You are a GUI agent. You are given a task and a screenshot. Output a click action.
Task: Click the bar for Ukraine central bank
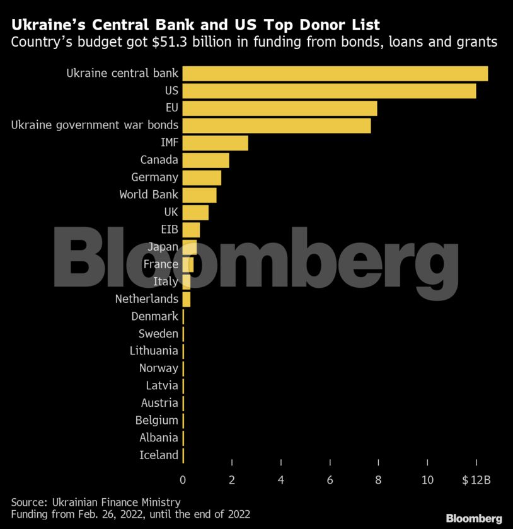pyautogui.click(x=335, y=74)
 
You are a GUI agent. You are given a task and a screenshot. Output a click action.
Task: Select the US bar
pyautogui.click(x=329, y=91)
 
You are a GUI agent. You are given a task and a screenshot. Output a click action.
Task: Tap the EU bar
pyautogui.click(x=280, y=108)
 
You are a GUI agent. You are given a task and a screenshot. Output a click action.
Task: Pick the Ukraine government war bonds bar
pyautogui.click(x=277, y=125)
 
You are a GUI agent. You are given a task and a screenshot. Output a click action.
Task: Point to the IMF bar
pyautogui.click(x=215, y=143)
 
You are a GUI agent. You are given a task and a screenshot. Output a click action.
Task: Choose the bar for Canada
pyautogui.click(x=205, y=160)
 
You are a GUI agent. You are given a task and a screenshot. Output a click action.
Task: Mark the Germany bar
pyautogui.click(x=202, y=178)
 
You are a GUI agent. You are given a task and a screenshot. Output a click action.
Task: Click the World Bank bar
pyautogui.click(x=199, y=195)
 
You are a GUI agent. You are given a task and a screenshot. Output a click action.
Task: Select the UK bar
pyautogui.click(x=195, y=212)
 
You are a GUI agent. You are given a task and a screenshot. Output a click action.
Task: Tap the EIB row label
pyautogui.click(x=170, y=229)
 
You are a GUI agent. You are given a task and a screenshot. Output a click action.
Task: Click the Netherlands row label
pyautogui.click(x=146, y=299)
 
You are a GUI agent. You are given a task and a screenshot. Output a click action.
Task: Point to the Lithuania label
pyautogui.click(x=154, y=351)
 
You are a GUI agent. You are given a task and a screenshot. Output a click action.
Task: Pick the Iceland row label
pyautogui.click(x=159, y=455)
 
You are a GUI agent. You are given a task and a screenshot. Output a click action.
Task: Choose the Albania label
pyautogui.click(x=159, y=437)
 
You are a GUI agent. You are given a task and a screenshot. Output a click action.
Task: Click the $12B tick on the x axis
pyautogui.click(x=476, y=481)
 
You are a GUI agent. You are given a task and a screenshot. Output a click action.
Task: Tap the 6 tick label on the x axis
pyautogui.click(x=330, y=481)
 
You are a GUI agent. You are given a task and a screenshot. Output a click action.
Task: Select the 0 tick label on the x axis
pyautogui.click(x=183, y=481)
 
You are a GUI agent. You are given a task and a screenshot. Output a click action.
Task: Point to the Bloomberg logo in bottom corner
pyautogui.click(x=474, y=518)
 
